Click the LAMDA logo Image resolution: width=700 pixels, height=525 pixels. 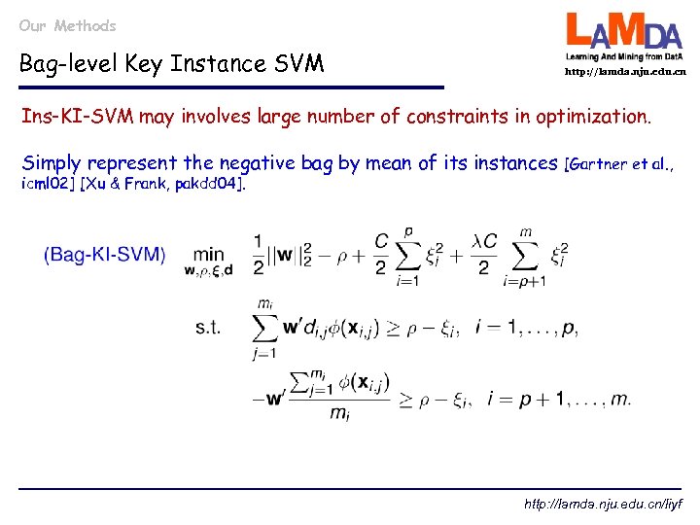click(625, 37)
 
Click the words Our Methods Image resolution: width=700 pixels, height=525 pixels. click(67, 25)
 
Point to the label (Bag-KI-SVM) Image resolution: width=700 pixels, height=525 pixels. click(104, 255)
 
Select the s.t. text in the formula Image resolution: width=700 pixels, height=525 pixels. click(208, 328)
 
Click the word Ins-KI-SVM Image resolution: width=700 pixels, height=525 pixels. click(79, 117)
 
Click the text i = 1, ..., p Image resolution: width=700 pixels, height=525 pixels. click(526, 327)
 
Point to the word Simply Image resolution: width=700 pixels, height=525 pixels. click(52, 163)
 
